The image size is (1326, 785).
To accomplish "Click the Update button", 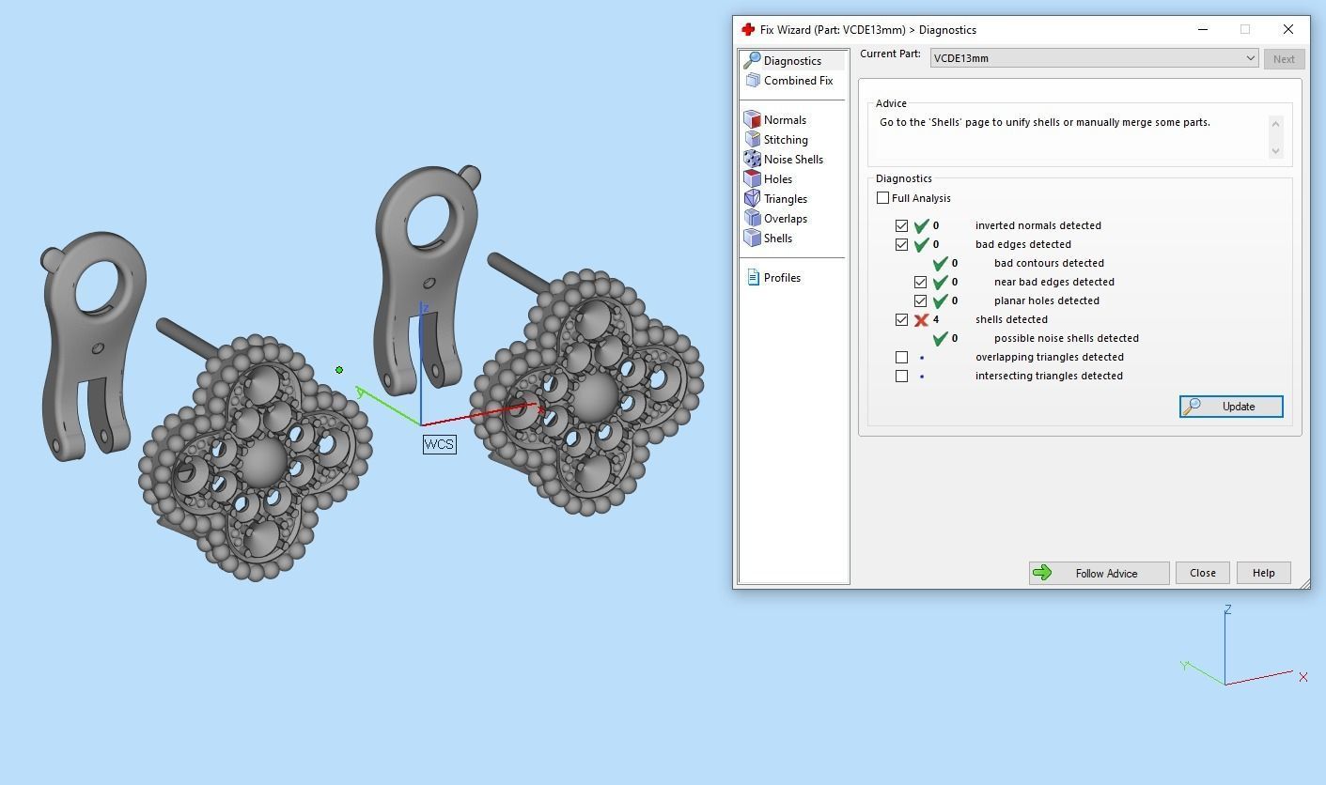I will coord(1231,407).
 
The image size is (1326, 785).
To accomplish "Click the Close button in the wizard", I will coord(1202,573).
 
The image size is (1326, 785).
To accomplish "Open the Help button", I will coord(1263,573).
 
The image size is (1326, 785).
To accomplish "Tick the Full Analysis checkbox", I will coord(882,198).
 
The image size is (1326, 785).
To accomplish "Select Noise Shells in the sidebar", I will coord(792,160).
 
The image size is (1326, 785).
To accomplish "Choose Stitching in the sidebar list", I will coord(785,140).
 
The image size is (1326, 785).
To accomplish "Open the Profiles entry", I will coord(781,278).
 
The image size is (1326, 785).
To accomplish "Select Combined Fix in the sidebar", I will coord(797,81).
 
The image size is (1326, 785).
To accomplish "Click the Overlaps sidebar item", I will coord(785,219).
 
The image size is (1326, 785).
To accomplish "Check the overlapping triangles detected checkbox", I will coord(902,357).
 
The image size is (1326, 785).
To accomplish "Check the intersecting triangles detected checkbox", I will coord(902,376).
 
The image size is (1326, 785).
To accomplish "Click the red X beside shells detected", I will coord(921,319).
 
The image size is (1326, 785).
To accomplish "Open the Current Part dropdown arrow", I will coord(1250,58).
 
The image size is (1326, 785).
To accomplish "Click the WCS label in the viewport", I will coord(439,444).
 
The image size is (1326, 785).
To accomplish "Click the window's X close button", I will coord(1287,29).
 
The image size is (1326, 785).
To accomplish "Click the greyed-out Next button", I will coord(1283,58).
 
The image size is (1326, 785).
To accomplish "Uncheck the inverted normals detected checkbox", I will coord(902,225).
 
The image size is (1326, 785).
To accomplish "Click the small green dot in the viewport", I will coord(339,370).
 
